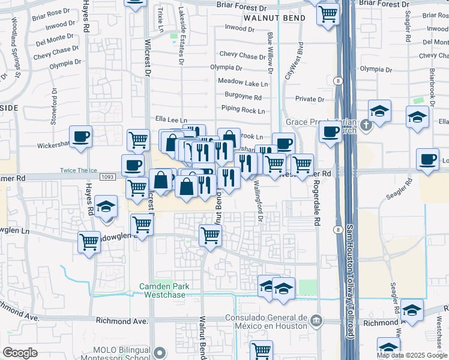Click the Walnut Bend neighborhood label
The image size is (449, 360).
click(x=274, y=18)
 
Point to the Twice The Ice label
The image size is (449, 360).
click(x=78, y=170)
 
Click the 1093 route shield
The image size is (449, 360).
click(x=107, y=177)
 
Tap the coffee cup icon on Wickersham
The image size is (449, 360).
click(x=80, y=137)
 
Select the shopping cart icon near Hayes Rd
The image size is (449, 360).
click(x=89, y=242)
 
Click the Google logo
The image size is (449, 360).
click(x=20, y=353)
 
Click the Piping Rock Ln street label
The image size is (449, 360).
click(x=243, y=110)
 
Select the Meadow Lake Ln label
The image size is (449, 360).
click(x=243, y=82)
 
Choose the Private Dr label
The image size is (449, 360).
click(x=310, y=100)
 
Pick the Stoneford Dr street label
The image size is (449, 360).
click(x=53, y=107)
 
